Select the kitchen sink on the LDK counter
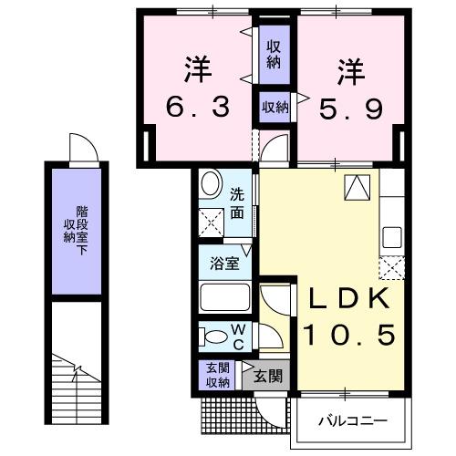tap(391, 237)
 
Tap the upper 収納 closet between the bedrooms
tap(274, 53)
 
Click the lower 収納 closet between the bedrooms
tap(275, 108)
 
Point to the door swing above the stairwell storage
tap(81, 146)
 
